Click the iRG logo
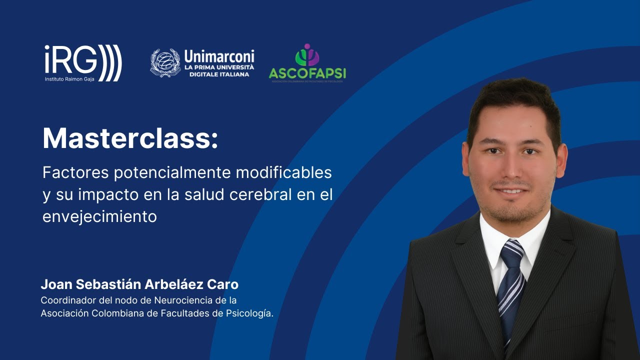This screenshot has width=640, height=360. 83,62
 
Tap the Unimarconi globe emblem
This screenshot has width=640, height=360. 165,62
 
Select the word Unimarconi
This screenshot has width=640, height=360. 219,56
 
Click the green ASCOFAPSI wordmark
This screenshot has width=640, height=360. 307,73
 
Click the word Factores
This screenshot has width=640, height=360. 75,173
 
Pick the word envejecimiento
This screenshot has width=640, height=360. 99,217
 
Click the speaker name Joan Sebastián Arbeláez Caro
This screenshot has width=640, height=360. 139,285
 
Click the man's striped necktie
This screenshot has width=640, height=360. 511,290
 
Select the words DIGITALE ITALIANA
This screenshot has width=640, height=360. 219,74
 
